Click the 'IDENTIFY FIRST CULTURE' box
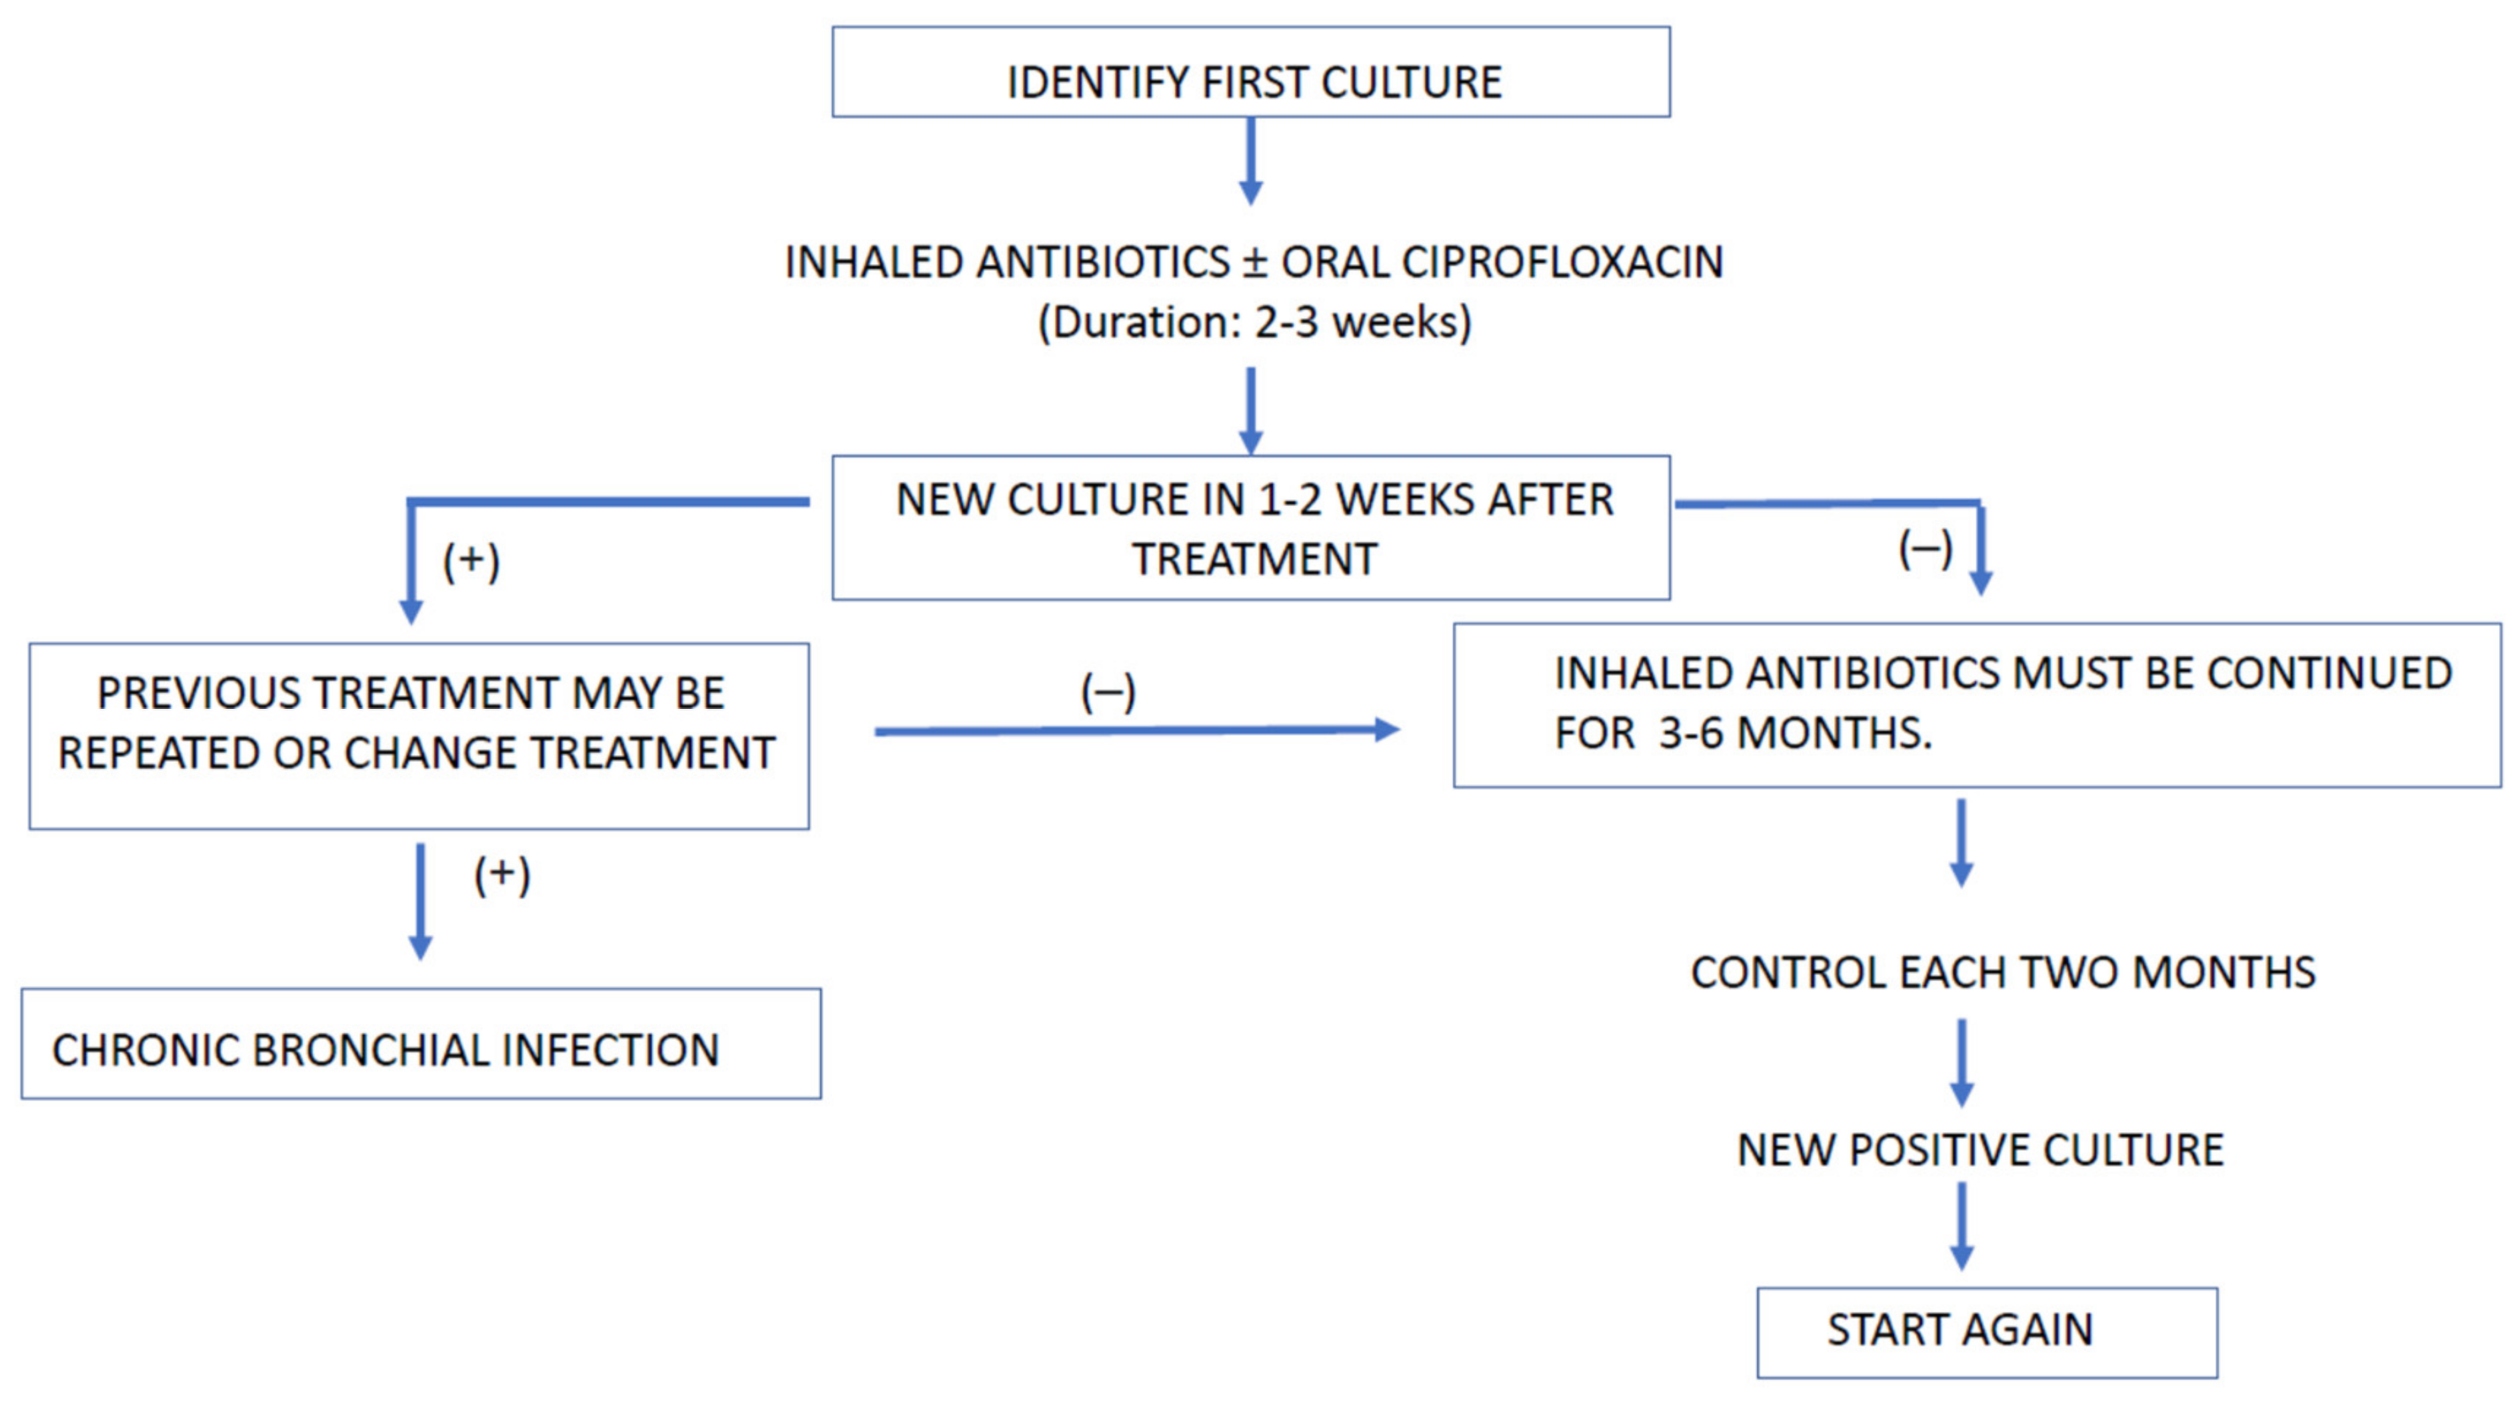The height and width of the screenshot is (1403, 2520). pos(1250,73)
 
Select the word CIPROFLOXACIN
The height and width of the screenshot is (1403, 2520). pos(1563,262)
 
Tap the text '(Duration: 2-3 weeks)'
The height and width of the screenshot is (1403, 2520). pos(1254,322)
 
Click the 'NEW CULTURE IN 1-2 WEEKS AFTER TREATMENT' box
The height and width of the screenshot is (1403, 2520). pos(1250,528)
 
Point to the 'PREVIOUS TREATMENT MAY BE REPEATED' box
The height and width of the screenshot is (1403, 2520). pos(419,736)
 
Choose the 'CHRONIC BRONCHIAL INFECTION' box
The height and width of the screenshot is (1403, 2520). pos(421,1044)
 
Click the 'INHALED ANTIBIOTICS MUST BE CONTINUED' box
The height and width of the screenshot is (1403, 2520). pos(1976,704)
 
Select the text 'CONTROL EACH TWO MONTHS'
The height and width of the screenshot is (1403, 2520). pos(2003,973)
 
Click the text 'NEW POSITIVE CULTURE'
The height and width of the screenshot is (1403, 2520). pos(1980,1149)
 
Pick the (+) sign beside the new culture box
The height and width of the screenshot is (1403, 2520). pos(471,562)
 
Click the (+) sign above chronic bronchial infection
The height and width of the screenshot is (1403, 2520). pos(502,875)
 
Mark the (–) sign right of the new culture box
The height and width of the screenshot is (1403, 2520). pos(1925,549)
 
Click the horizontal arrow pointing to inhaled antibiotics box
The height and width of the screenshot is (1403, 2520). pos(1135,730)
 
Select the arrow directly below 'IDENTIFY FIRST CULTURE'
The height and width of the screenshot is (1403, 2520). pos(1250,161)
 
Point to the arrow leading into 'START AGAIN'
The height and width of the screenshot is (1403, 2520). pos(1962,1227)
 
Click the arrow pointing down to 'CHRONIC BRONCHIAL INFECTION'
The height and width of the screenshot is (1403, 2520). pos(421,900)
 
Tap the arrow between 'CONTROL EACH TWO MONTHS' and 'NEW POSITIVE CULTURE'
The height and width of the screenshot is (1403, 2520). pos(1962,1062)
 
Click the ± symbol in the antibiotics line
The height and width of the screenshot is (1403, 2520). pos(1254,262)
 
